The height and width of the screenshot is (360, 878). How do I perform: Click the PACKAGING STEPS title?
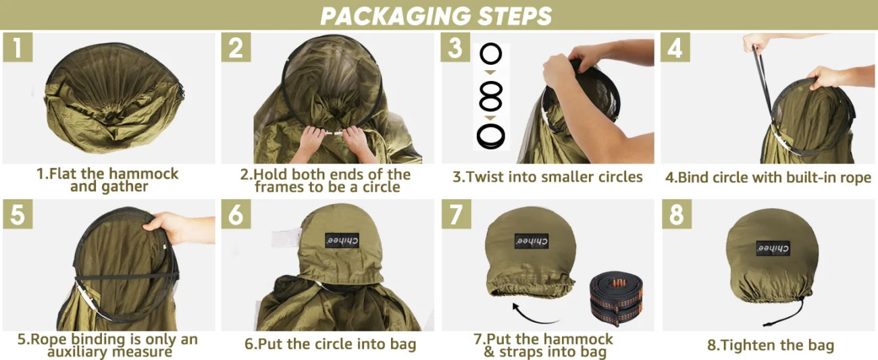click(x=436, y=16)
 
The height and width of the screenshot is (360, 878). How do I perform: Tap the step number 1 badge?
click(x=18, y=47)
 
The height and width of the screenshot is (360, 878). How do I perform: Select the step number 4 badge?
click(x=675, y=47)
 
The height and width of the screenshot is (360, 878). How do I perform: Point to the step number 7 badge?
click(x=457, y=214)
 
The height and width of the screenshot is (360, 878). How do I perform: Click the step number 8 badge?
click(x=677, y=214)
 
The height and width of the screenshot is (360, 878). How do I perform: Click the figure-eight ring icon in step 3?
click(x=491, y=96)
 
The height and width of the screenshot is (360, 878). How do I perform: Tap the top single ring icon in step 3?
click(x=491, y=54)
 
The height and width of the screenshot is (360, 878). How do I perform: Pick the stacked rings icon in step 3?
click(x=491, y=136)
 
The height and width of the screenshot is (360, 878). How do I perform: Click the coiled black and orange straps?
click(x=616, y=298)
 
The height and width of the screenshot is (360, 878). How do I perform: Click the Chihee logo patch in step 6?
click(x=342, y=240)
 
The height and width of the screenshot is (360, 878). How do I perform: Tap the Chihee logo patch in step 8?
click(x=773, y=249)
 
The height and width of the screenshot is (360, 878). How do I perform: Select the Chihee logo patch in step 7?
click(x=532, y=240)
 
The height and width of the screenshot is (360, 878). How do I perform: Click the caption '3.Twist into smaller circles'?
click(x=548, y=177)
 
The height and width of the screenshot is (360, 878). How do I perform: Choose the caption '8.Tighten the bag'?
click(x=771, y=345)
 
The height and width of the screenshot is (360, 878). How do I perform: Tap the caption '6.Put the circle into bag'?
click(x=330, y=344)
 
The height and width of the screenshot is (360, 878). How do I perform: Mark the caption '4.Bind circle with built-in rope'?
click(x=768, y=177)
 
